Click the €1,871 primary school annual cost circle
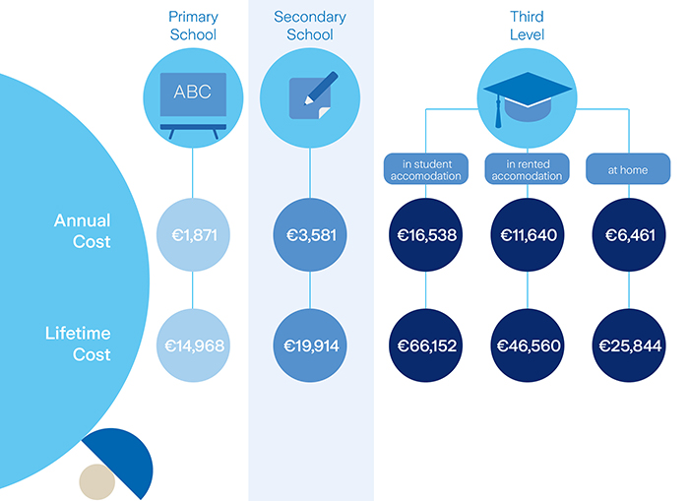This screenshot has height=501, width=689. [x=192, y=235]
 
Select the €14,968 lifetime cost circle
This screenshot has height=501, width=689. [x=192, y=344]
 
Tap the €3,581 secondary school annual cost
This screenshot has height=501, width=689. [x=310, y=235]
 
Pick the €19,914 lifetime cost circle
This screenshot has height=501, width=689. [x=310, y=344]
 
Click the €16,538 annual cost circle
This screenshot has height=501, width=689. [x=426, y=235]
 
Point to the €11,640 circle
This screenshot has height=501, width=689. [x=528, y=235]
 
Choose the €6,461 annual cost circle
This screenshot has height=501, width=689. [x=630, y=235]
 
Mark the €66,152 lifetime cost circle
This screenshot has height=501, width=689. [x=426, y=344]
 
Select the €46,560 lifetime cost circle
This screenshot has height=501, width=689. [x=528, y=344]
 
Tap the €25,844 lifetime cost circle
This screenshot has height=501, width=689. [x=630, y=344]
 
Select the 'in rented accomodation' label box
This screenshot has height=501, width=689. [x=528, y=168]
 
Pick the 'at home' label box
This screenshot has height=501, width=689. [x=627, y=168]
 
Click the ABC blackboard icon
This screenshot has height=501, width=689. [x=192, y=94]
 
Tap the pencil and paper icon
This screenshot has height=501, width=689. [x=310, y=94]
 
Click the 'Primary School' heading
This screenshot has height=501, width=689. [x=192, y=26]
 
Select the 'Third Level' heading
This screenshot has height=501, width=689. [x=527, y=26]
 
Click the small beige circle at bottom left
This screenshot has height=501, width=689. [x=96, y=481]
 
